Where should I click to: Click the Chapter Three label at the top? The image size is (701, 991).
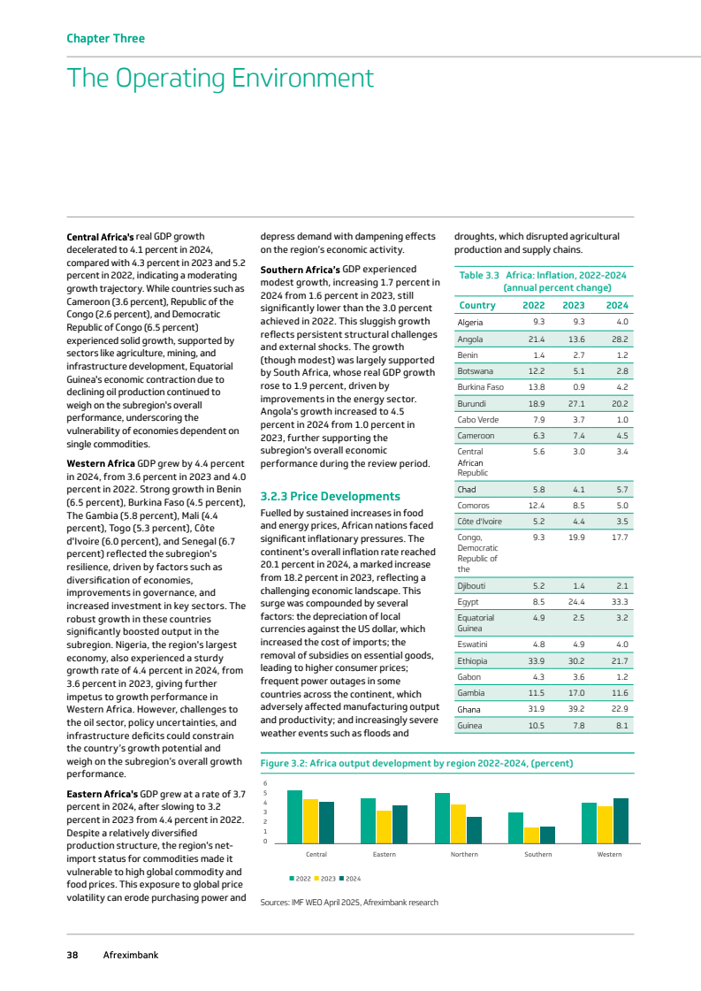(x=105, y=39)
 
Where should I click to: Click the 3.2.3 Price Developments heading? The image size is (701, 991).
(x=330, y=496)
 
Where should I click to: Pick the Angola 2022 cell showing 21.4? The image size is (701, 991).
(x=536, y=339)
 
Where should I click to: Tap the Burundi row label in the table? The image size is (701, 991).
(x=472, y=402)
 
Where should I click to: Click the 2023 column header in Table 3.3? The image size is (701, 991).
(x=575, y=306)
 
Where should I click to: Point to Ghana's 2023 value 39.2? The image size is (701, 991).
(x=576, y=709)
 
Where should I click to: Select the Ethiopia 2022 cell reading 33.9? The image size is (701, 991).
(x=536, y=660)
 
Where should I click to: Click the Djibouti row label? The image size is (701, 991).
(x=474, y=585)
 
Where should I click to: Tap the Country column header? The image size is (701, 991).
(x=476, y=306)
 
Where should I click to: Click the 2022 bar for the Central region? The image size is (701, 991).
(x=294, y=816)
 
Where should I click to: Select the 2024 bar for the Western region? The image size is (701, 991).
(x=621, y=819)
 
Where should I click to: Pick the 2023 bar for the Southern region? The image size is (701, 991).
(x=531, y=835)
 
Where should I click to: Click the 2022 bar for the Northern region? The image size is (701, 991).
(x=442, y=818)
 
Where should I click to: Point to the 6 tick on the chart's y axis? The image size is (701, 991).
(x=265, y=783)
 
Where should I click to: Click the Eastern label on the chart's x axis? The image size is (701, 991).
(x=384, y=854)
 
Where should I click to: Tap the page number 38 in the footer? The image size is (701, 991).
(x=72, y=955)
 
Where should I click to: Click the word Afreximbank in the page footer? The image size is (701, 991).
(x=131, y=955)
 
